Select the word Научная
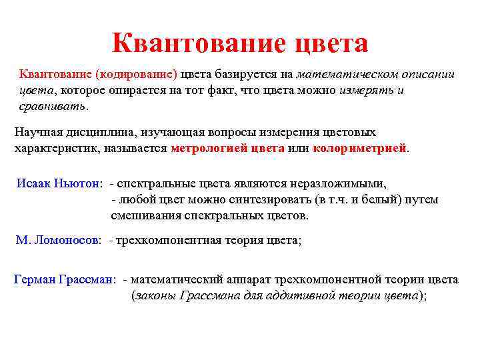pos(38,132)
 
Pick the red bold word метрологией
pos(209,148)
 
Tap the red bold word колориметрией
pos(359,148)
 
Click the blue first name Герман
pos(34,280)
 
